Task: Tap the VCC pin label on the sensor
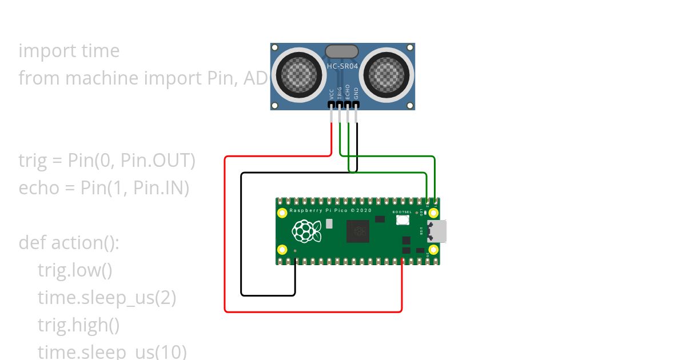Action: (x=332, y=94)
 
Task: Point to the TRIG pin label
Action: (x=340, y=93)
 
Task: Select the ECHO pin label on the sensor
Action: (x=348, y=93)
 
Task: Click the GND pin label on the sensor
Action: (x=356, y=94)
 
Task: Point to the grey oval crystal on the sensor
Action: (x=342, y=52)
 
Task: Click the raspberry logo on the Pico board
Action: (x=304, y=231)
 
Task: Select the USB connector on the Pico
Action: (x=440, y=231)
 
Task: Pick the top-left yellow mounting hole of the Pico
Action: (x=282, y=213)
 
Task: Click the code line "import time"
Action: (x=69, y=51)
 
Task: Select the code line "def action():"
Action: (x=69, y=243)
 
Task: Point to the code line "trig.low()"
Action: (x=75, y=270)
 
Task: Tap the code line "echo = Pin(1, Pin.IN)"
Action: (x=103, y=188)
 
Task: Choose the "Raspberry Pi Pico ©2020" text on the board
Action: (x=330, y=211)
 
